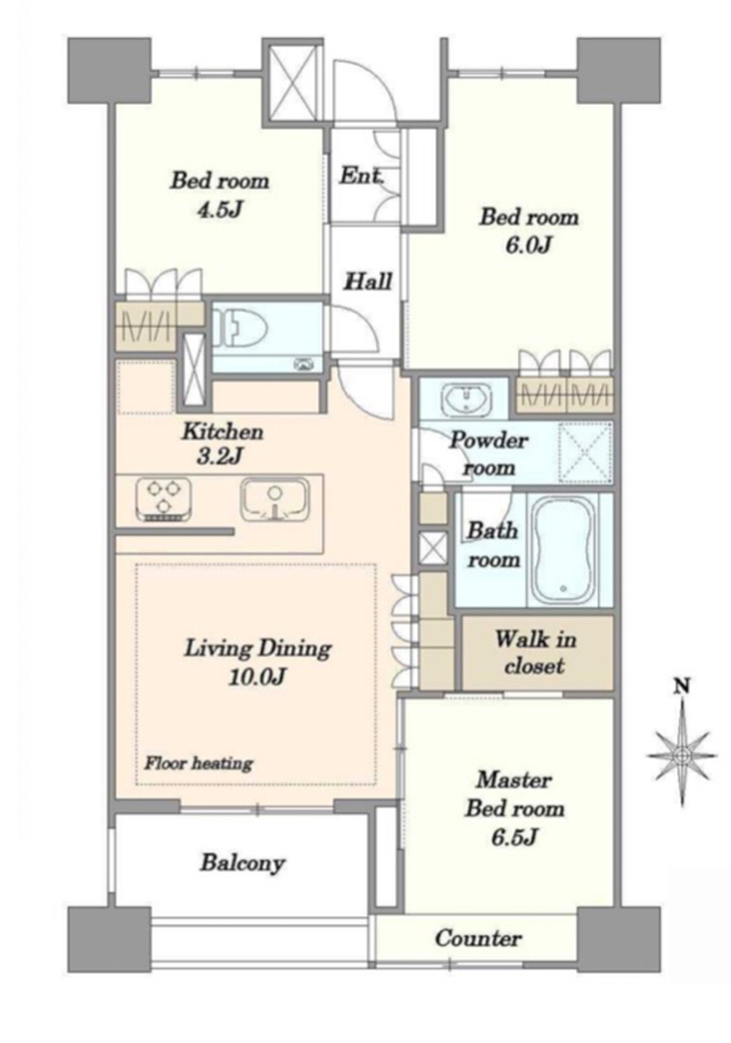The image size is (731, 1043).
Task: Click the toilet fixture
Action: coord(243,327)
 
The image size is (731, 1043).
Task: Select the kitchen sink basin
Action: coord(275,501)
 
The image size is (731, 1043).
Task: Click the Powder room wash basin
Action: coord(467,398)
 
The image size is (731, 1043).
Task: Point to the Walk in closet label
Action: coord(535,652)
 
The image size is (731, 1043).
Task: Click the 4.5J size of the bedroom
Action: coord(220,210)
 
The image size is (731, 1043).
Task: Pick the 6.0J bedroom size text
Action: coord(529,246)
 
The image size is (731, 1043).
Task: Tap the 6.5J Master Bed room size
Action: coord(515,837)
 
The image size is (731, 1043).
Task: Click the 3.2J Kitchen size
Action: coord(219,458)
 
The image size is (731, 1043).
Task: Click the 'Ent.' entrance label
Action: coord(362,177)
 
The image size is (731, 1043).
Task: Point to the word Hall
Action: coord(368,281)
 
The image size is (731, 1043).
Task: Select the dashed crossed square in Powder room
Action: coord(585,452)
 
